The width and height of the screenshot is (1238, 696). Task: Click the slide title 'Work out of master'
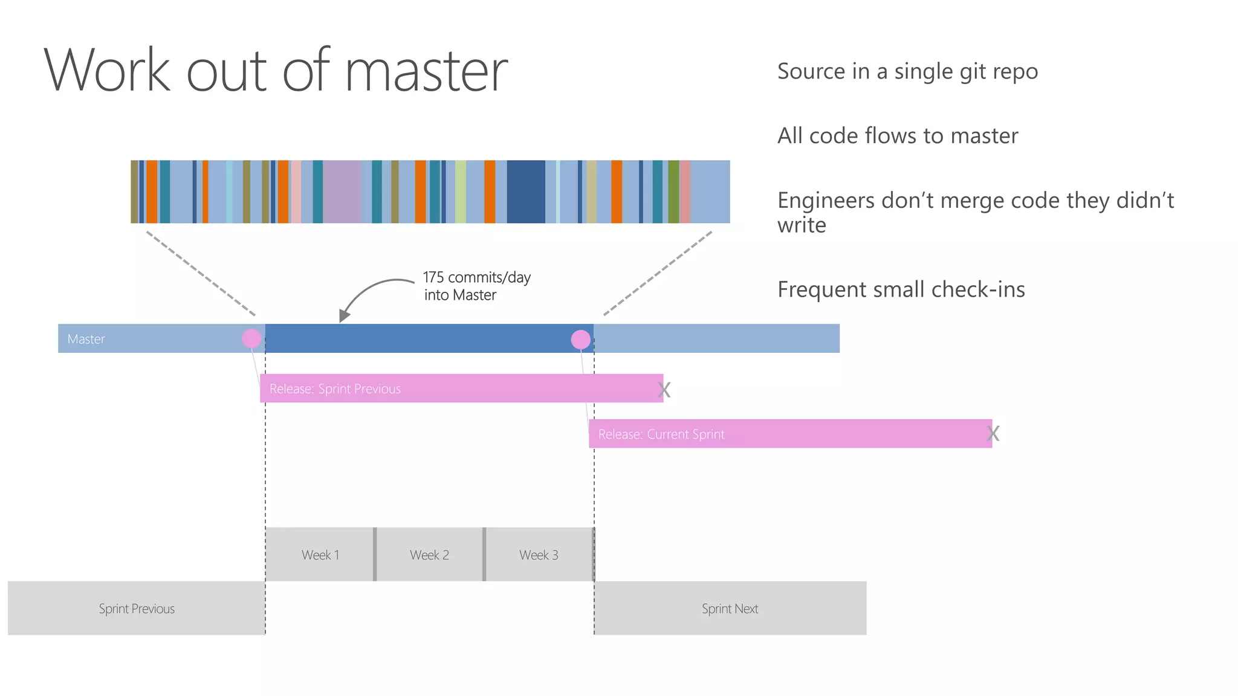276,71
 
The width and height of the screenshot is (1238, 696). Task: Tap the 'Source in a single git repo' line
907,71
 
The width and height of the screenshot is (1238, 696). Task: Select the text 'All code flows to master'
897,136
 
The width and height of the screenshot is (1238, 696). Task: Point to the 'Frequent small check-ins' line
901,289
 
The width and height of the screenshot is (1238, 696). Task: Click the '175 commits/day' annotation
476,278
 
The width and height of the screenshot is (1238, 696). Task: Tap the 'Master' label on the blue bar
86,339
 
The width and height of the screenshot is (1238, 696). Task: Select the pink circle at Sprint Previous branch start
251,338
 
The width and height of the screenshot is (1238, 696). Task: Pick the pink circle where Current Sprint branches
580,340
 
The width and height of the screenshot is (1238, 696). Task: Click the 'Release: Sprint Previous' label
335,388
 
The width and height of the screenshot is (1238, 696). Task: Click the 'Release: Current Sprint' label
661,434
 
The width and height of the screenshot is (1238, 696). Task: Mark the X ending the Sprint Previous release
664,390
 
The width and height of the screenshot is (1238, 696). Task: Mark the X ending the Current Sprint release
993,433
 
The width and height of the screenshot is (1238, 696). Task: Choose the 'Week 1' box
320,555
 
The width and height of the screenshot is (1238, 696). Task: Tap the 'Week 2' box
429,555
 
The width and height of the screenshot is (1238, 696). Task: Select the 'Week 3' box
539,555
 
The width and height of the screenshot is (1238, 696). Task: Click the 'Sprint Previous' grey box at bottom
137,608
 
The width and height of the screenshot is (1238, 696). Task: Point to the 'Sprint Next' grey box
730,608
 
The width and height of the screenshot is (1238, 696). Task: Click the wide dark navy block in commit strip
526,192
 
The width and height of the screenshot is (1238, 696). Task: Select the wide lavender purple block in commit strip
342,192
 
